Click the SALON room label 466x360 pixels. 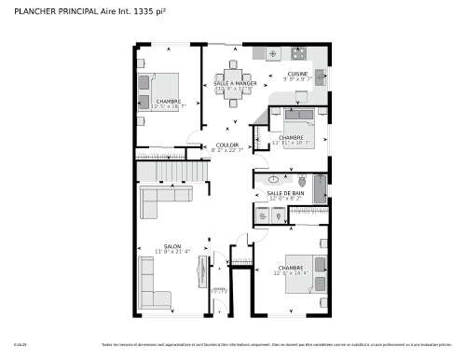172,245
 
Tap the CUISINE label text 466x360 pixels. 298,74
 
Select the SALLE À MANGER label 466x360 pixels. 234,84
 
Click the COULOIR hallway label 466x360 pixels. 227,145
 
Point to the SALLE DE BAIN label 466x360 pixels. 285,193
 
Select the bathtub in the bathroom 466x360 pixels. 321,187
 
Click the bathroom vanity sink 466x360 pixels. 273,177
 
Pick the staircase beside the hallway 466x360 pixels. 168,173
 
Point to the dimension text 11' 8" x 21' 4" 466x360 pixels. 172,252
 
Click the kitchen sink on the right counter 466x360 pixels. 320,74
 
